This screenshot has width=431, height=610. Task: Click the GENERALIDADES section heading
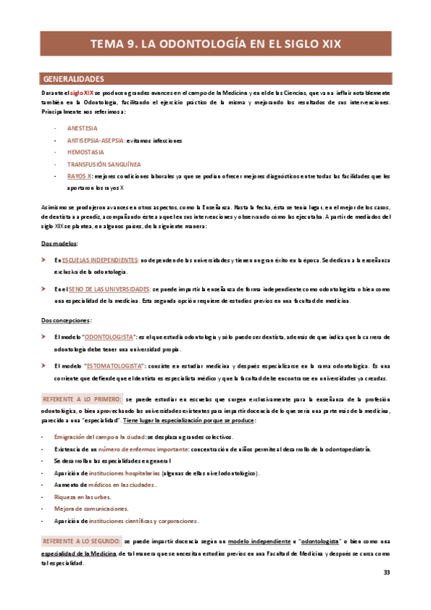(74, 78)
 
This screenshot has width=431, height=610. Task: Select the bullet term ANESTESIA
(82, 128)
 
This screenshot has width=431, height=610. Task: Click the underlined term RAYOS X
(79, 176)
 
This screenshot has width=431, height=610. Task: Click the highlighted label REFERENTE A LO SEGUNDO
(81, 540)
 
